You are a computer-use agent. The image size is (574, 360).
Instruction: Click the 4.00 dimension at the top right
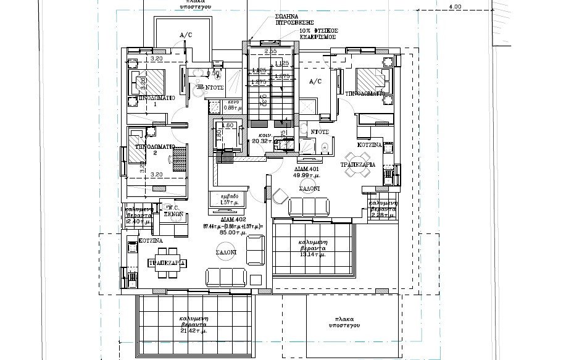pos(455,7)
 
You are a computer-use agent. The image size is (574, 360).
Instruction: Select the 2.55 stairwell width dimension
pos(269,51)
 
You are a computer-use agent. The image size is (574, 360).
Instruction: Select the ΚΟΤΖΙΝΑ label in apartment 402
pos(151,240)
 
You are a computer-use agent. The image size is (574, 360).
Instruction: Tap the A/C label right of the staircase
pos(315,81)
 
